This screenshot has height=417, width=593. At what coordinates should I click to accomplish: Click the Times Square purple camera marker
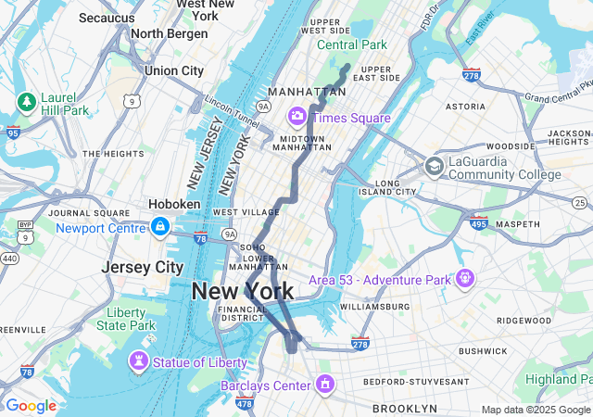pyautogui.click(x=297, y=117)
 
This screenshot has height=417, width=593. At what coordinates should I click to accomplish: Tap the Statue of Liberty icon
pyautogui.click(x=139, y=360)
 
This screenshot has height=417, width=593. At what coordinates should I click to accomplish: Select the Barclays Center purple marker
pyautogui.click(x=325, y=383)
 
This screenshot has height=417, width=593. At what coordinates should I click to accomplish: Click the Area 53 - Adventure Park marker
pyautogui.click(x=464, y=277)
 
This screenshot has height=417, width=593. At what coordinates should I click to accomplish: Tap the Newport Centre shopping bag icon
pyautogui.click(x=160, y=226)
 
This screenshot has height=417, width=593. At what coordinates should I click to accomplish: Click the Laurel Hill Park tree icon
pyautogui.click(x=26, y=100)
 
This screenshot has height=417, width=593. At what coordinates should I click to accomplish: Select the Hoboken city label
pyautogui.click(x=174, y=204)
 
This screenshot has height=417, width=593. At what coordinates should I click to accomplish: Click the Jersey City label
pyautogui.click(x=142, y=267)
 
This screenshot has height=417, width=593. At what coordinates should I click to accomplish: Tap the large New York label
pyautogui.click(x=243, y=291)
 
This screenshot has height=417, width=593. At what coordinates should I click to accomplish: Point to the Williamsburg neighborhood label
pyautogui.click(x=374, y=306)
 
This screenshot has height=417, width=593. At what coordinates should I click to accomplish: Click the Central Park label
pyautogui.click(x=352, y=44)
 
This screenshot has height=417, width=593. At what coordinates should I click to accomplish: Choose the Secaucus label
pyautogui.click(x=107, y=18)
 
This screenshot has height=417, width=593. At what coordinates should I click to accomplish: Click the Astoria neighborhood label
pyautogui.click(x=465, y=107)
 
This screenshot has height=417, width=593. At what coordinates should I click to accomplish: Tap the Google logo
pyautogui.click(x=31, y=405)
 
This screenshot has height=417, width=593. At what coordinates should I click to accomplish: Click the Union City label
pyautogui.click(x=173, y=70)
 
